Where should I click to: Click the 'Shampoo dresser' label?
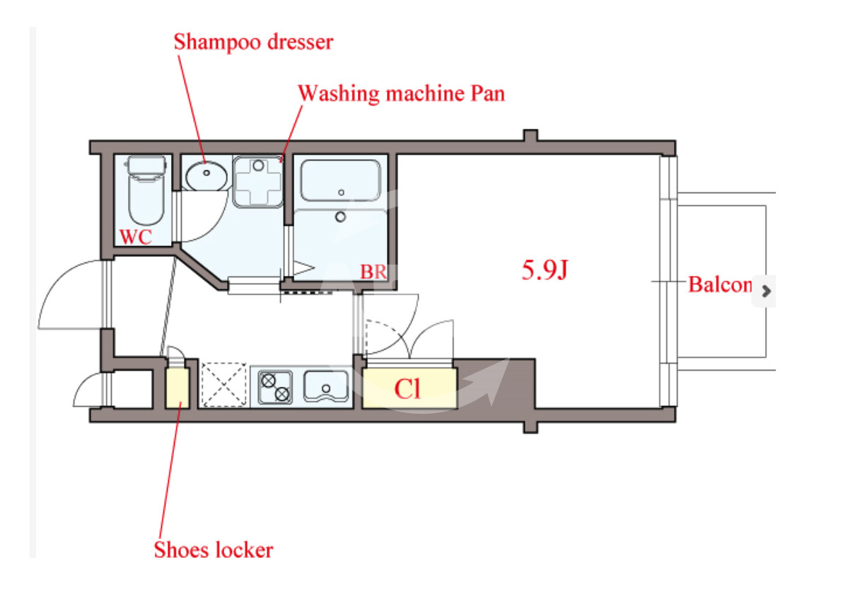[x=253, y=42]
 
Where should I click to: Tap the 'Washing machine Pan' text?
[x=402, y=93]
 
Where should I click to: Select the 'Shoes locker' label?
[x=214, y=550]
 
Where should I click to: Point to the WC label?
[x=136, y=237]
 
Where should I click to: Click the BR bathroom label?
[x=373, y=272]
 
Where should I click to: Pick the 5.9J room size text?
[x=545, y=269]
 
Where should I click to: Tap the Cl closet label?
[x=407, y=389]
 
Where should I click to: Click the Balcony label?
[x=720, y=284]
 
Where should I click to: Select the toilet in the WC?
[x=146, y=190]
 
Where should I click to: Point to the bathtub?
[x=340, y=180]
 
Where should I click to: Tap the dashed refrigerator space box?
[x=223, y=385]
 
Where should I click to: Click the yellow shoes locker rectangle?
[x=177, y=388]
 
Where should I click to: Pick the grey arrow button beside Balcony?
[x=764, y=291]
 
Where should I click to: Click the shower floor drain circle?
[x=340, y=216]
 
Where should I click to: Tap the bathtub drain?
[x=341, y=192]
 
